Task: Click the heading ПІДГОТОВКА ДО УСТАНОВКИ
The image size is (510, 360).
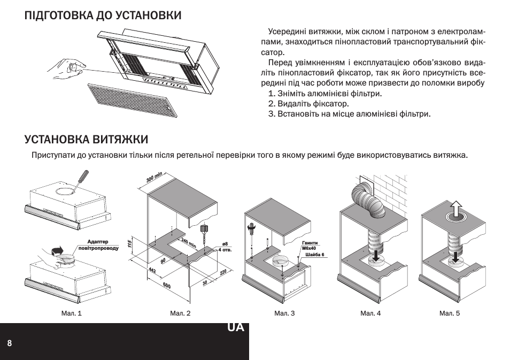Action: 103,16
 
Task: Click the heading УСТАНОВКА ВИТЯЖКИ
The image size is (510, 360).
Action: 86,140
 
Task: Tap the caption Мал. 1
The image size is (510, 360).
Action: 72,313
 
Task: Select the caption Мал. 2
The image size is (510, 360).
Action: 180,313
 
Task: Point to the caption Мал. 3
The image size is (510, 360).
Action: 284,313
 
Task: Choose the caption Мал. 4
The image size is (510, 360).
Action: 370,313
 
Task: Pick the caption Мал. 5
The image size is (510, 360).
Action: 450,313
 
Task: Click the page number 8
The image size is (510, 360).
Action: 10,343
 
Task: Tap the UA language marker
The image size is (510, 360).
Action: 235,327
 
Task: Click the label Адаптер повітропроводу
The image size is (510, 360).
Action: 98,246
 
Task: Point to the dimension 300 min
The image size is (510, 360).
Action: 154,178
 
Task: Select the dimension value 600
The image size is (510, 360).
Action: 166,286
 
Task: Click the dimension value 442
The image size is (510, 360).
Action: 152,272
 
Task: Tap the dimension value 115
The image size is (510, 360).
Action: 130,244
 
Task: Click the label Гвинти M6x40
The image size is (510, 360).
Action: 310,246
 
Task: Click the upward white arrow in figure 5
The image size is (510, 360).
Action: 455,209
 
